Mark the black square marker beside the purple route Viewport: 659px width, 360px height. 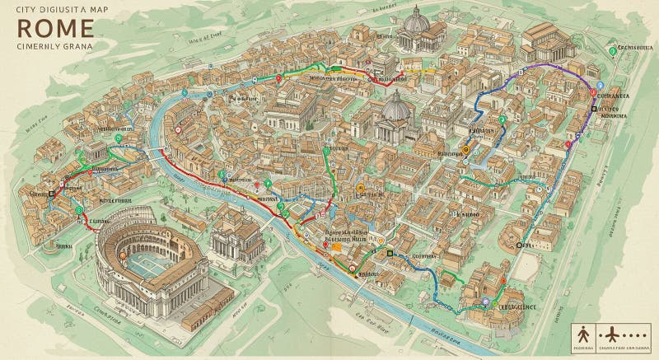(x=593, y=109)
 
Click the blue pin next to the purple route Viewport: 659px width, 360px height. (x=600, y=86)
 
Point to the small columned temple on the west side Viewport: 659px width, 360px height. (x=93, y=152)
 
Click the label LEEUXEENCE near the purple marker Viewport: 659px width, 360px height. (x=516, y=306)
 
